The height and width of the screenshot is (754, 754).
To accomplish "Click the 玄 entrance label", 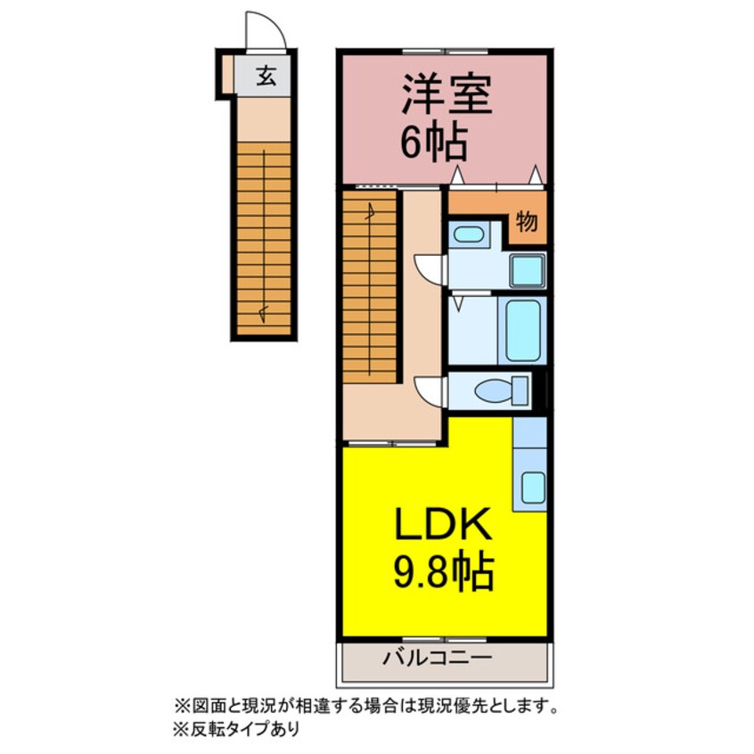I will [266, 77].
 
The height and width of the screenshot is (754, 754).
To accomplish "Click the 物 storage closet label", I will [527, 223].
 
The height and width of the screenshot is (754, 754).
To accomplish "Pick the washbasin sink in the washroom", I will [467, 236].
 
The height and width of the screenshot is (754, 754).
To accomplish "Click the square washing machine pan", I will [527, 270].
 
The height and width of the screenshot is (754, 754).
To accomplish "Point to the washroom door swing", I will [429, 268].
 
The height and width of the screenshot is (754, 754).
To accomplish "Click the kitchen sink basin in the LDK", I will [532, 486].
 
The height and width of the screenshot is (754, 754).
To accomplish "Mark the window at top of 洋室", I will [445, 51].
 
